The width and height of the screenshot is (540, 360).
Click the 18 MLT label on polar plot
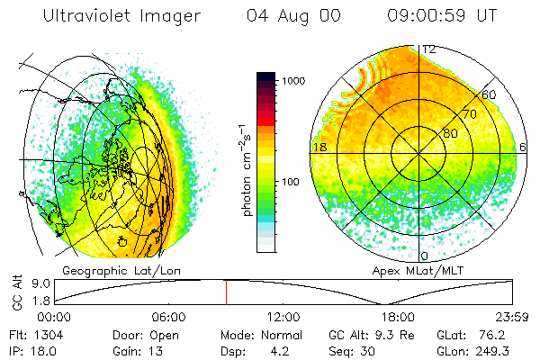point(318,147)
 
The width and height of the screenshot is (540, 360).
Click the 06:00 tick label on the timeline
point(168,318)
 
